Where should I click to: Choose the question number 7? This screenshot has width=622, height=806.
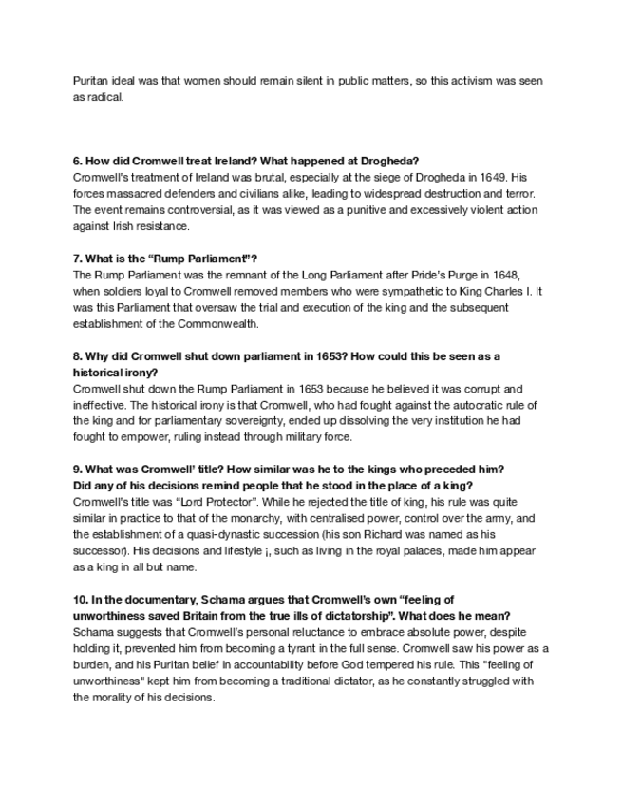pyautogui.click(x=77, y=258)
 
